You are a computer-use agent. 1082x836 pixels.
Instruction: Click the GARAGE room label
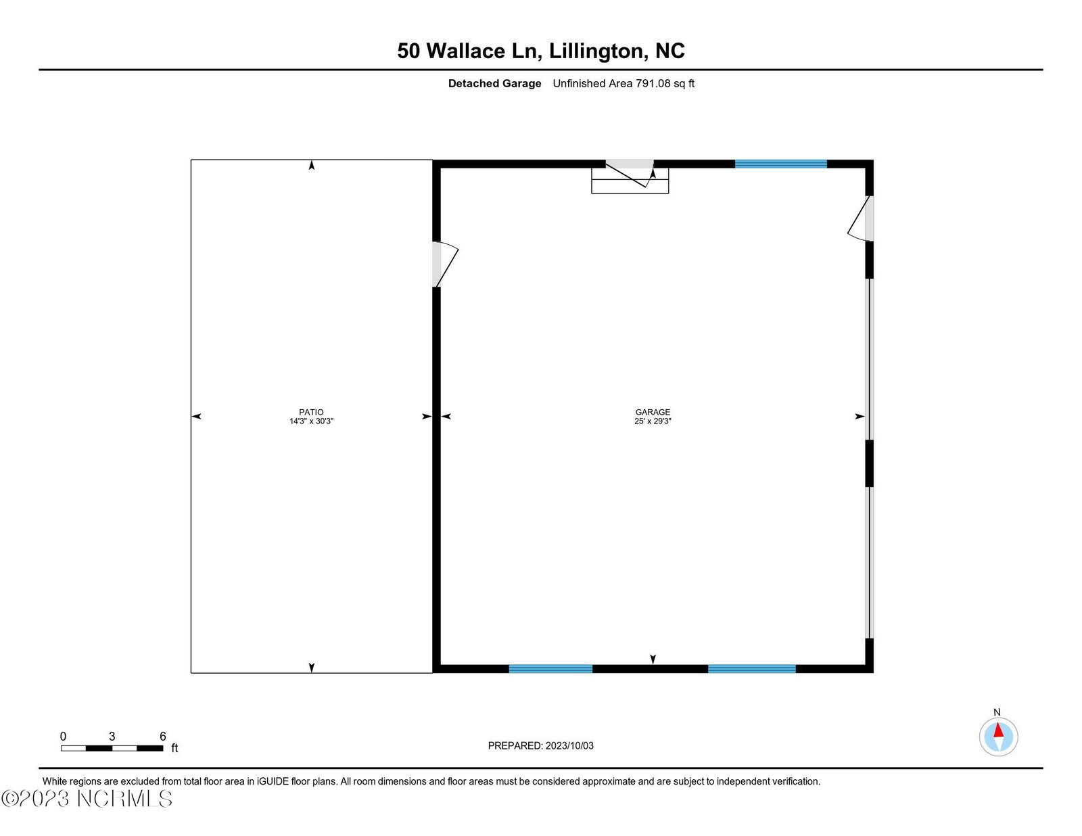[x=653, y=412]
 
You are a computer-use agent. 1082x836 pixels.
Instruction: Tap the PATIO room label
[x=311, y=412]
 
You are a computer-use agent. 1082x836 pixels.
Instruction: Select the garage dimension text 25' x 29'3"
[x=653, y=421]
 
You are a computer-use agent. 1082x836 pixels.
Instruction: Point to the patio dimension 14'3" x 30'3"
[x=311, y=421]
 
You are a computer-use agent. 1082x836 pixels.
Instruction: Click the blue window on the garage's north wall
[x=781, y=164]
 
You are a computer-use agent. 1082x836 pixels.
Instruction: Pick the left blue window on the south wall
[x=550, y=669]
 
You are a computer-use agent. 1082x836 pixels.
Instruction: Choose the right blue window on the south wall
[x=751, y=669]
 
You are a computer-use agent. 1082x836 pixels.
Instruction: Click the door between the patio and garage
[x=445, y=264]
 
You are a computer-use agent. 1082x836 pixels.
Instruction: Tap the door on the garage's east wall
[x=860, y=218]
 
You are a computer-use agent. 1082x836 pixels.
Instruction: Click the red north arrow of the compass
[x=998, y=730]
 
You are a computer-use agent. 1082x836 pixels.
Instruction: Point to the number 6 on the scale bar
[x=163, y=736]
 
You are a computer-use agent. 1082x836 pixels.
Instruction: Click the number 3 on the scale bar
[x=112, y=736]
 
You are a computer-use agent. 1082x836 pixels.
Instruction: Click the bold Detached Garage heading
[x=494, y=84]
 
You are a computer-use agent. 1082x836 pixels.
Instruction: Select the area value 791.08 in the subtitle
[x=653, y=83]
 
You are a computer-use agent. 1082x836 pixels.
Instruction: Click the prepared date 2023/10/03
[x=569, y=745]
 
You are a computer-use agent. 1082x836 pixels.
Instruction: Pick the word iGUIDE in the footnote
[x=273, y=781]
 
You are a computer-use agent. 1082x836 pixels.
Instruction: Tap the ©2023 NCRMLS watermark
[x=87, y=799]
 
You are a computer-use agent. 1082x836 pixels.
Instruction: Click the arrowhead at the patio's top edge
[x=312, y=165]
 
